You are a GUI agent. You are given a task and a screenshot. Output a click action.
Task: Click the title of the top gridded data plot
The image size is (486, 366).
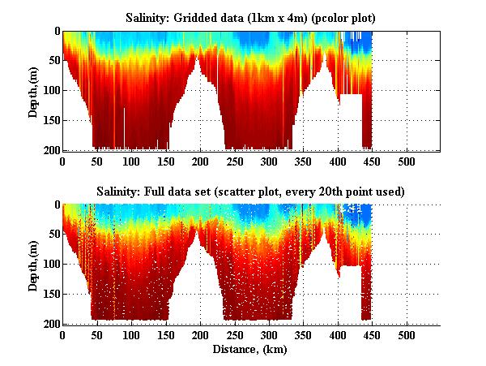253,17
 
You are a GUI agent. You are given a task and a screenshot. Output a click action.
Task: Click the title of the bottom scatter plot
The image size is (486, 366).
252,191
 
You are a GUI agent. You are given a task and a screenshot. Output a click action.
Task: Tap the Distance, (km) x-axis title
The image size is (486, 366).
251,350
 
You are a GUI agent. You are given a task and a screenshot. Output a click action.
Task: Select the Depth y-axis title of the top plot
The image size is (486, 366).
33,90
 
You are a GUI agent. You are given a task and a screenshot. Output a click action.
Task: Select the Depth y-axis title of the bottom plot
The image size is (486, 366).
33,264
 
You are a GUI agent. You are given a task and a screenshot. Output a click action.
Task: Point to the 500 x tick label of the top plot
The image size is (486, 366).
407,161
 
